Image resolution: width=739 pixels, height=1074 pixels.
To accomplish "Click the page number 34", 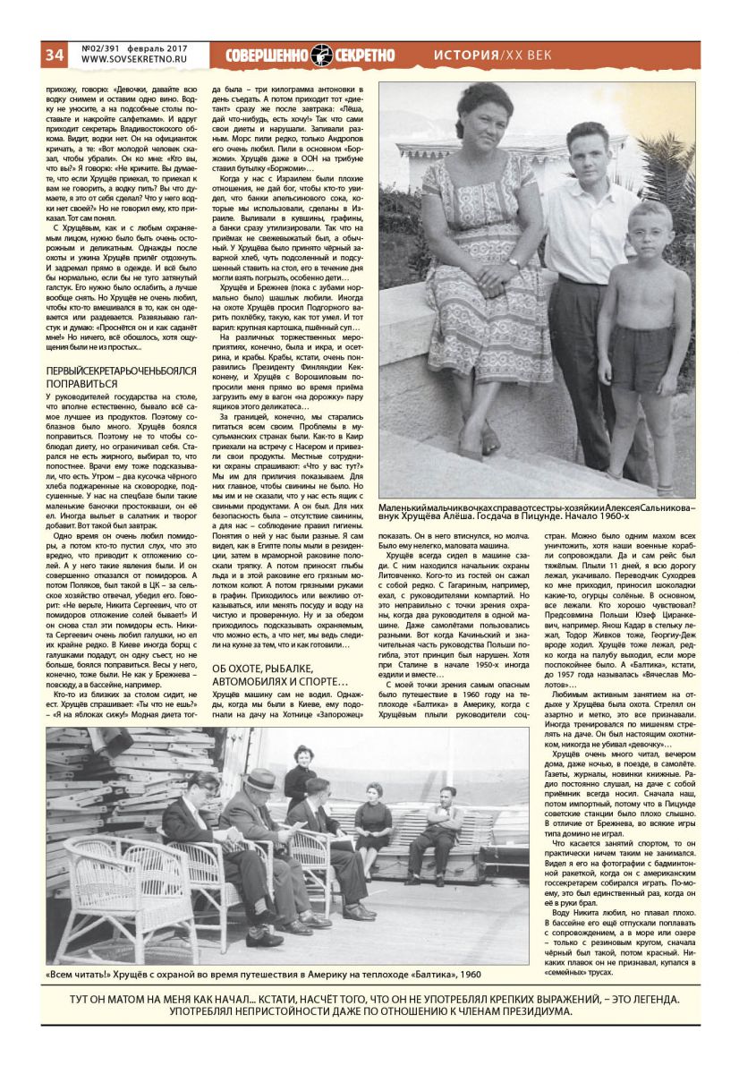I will [x=55, y=55].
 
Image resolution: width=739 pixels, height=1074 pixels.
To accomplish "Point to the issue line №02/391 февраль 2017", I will [x=134, y=47].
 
